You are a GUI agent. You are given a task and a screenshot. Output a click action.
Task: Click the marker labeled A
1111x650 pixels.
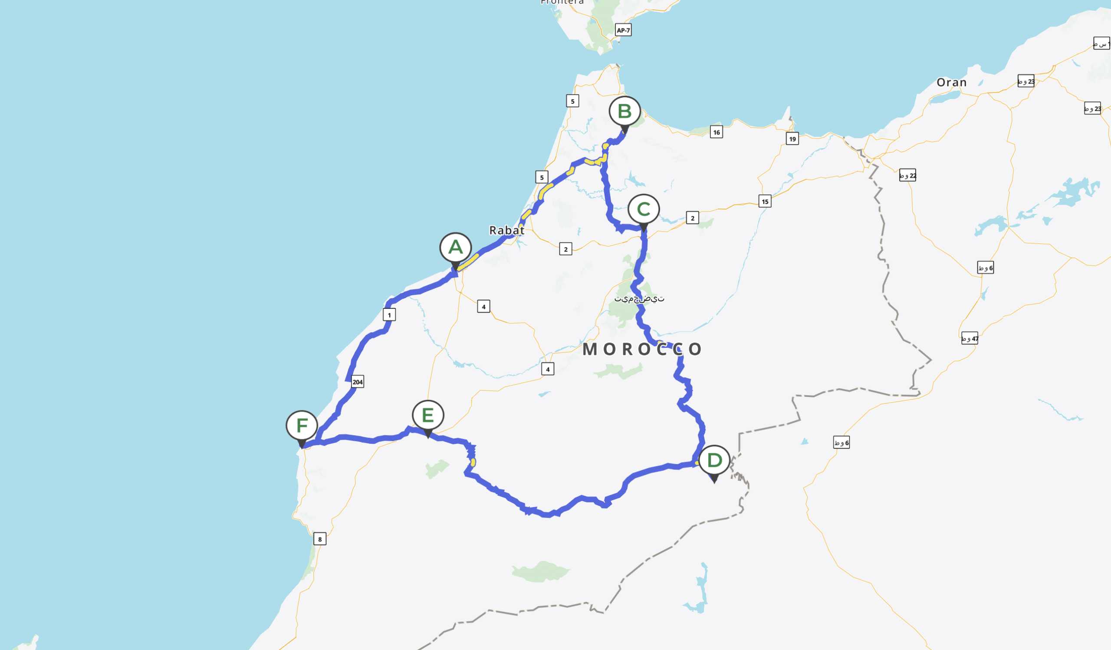(x=455, y=248)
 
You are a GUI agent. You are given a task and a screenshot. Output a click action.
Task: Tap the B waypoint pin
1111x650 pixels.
(x=624, y=111)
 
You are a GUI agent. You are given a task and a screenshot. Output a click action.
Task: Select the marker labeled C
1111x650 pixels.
(x=644, y=209)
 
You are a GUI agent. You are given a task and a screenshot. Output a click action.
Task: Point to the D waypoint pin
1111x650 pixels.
(x=714, y=461)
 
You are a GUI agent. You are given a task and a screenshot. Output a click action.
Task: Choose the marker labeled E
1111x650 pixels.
(x=427, y=416)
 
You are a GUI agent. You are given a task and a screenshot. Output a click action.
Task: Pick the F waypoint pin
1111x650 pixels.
(x=302, y=426)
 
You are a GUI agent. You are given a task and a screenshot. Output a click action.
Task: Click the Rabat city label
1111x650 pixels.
(x=506, y=230)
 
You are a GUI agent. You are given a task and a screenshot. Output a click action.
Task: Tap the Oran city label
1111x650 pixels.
(x=951, y=82)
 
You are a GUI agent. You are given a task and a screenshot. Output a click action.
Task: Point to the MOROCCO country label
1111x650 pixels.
(x=642, y=349)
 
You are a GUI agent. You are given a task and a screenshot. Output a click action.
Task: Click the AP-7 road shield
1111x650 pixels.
(x=623, y=30)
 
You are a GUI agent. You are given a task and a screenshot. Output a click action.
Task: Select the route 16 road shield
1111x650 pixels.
(x=717, y=132)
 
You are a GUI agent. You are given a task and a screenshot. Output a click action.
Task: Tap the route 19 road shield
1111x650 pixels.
(x=792, y=139)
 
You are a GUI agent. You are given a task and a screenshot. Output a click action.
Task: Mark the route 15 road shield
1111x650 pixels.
(x=765, y=201)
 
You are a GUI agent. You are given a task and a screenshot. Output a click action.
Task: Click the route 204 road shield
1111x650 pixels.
(x=358, y=382)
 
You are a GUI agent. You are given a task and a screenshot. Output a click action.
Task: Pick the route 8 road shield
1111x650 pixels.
(x=320, y=539)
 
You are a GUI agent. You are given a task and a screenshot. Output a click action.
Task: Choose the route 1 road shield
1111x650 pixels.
(x=389, y=315)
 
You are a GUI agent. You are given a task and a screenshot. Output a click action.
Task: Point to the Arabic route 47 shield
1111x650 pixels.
(x=970, y=339)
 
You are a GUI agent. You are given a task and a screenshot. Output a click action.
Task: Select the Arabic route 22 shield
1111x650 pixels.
(x=907, y=175)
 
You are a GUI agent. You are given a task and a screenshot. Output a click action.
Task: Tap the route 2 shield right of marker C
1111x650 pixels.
(x=692, y=218)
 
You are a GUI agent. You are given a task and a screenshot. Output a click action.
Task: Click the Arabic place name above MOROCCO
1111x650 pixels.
(x=639, y=299)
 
